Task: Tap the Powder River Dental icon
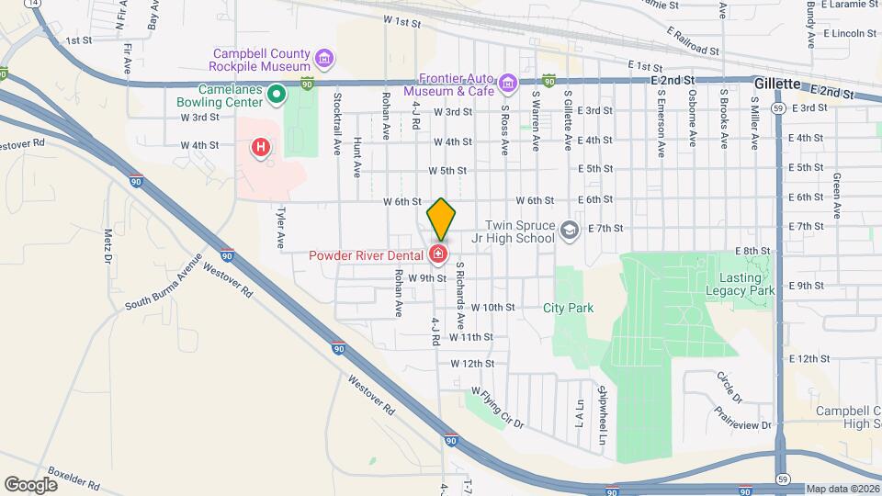point(439,254)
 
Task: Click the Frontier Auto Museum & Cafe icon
point(506,85)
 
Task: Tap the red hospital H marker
point(262,147)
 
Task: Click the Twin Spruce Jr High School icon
point(570,231)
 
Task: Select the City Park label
point(568,309)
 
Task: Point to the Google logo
point(30,484)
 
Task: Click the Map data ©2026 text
point(842,489)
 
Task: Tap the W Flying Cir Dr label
point(494,409)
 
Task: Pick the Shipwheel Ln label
point(604,415)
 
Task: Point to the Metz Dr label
point(107,246)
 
